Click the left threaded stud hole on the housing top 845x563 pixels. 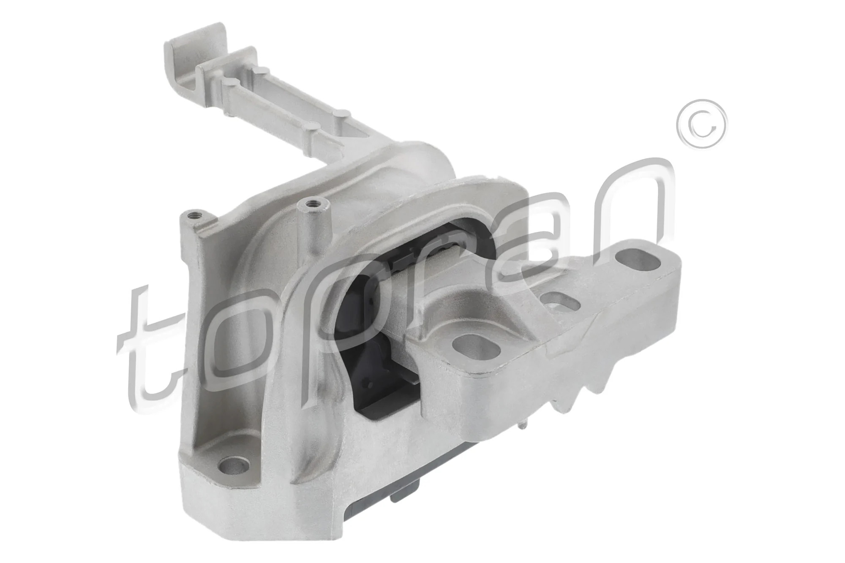pyautogui.click(x=192, y=216)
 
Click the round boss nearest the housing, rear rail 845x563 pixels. pyautogui.click(x=344, y=113)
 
